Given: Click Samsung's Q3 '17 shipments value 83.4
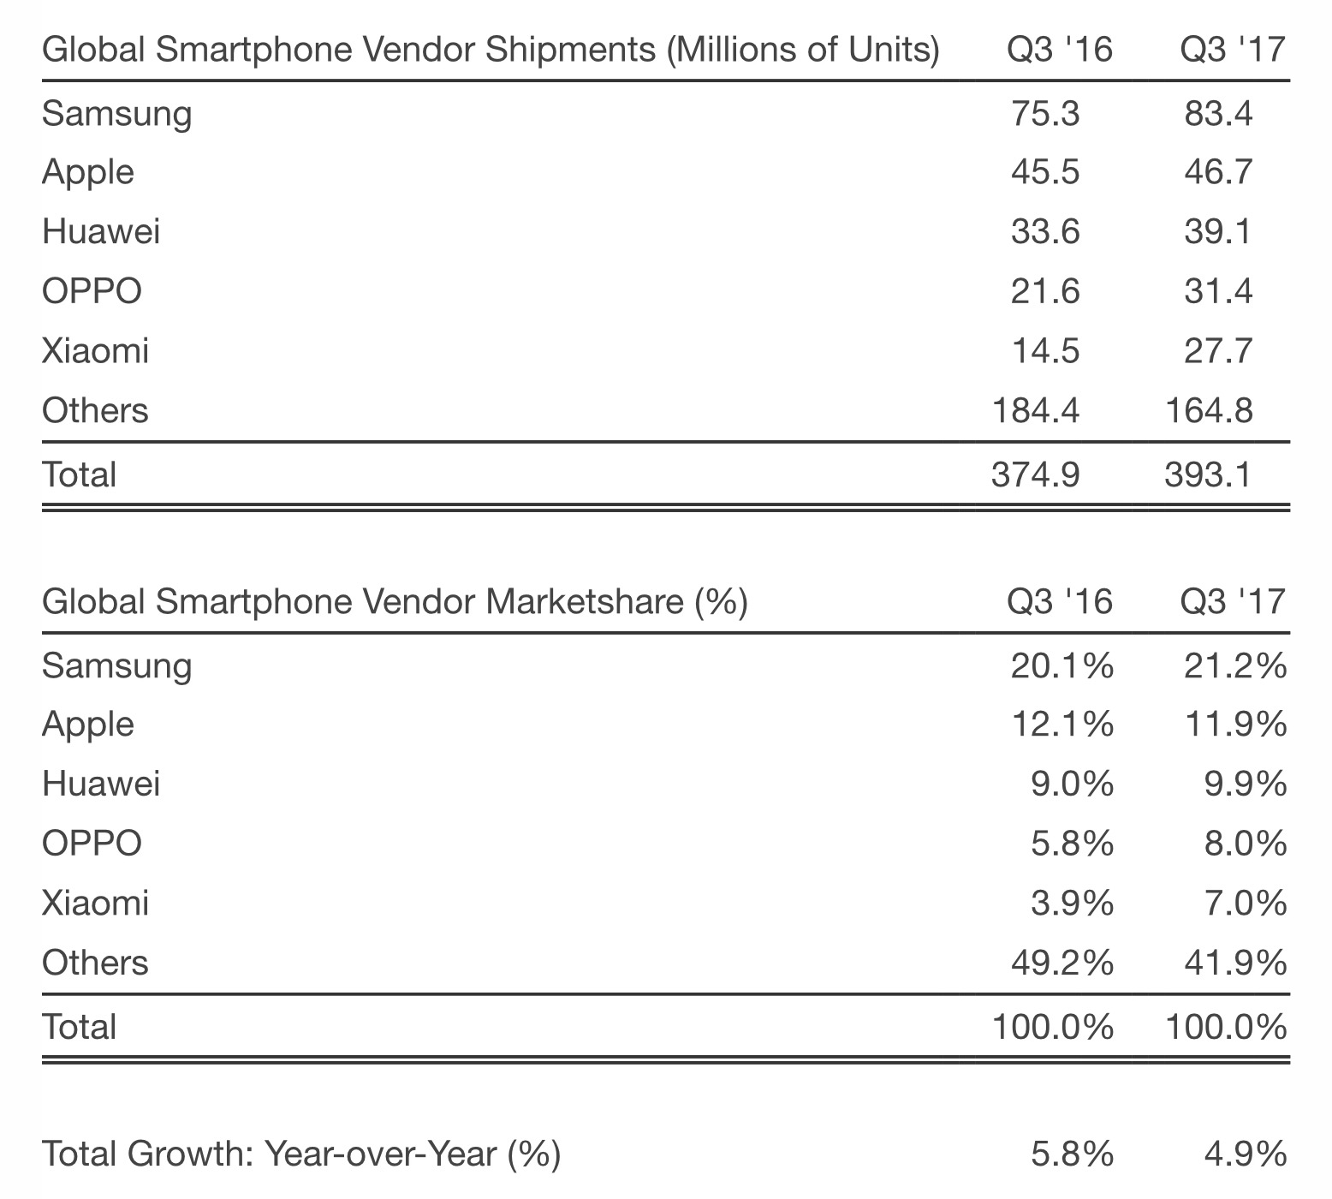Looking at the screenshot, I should point(1217,113).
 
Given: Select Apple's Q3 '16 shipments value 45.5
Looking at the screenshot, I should point(1044,172).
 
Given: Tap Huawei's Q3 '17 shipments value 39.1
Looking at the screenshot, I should point(1217,231).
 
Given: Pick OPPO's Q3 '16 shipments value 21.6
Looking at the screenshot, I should point(1044,291).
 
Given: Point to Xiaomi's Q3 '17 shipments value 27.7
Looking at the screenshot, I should point(1217,350).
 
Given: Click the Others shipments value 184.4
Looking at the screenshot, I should point(1035,410).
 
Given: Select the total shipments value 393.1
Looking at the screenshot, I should point(1208,474).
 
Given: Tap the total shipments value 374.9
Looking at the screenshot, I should point(1035,474).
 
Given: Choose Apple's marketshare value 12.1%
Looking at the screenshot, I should point(1061,725).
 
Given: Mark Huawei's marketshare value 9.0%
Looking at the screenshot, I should point(1071,784).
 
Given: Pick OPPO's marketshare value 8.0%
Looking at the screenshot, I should point(1244,844).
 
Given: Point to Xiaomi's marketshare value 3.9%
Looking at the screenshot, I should point(1071,903).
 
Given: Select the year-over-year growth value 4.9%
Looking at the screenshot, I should point(1244,1154).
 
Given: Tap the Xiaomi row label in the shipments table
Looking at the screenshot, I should point(95,350).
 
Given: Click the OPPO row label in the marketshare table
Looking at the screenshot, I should point(92,844).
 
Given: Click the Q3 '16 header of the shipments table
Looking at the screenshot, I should point(1060,50).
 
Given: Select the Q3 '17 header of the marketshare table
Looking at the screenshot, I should point(1233,601).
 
